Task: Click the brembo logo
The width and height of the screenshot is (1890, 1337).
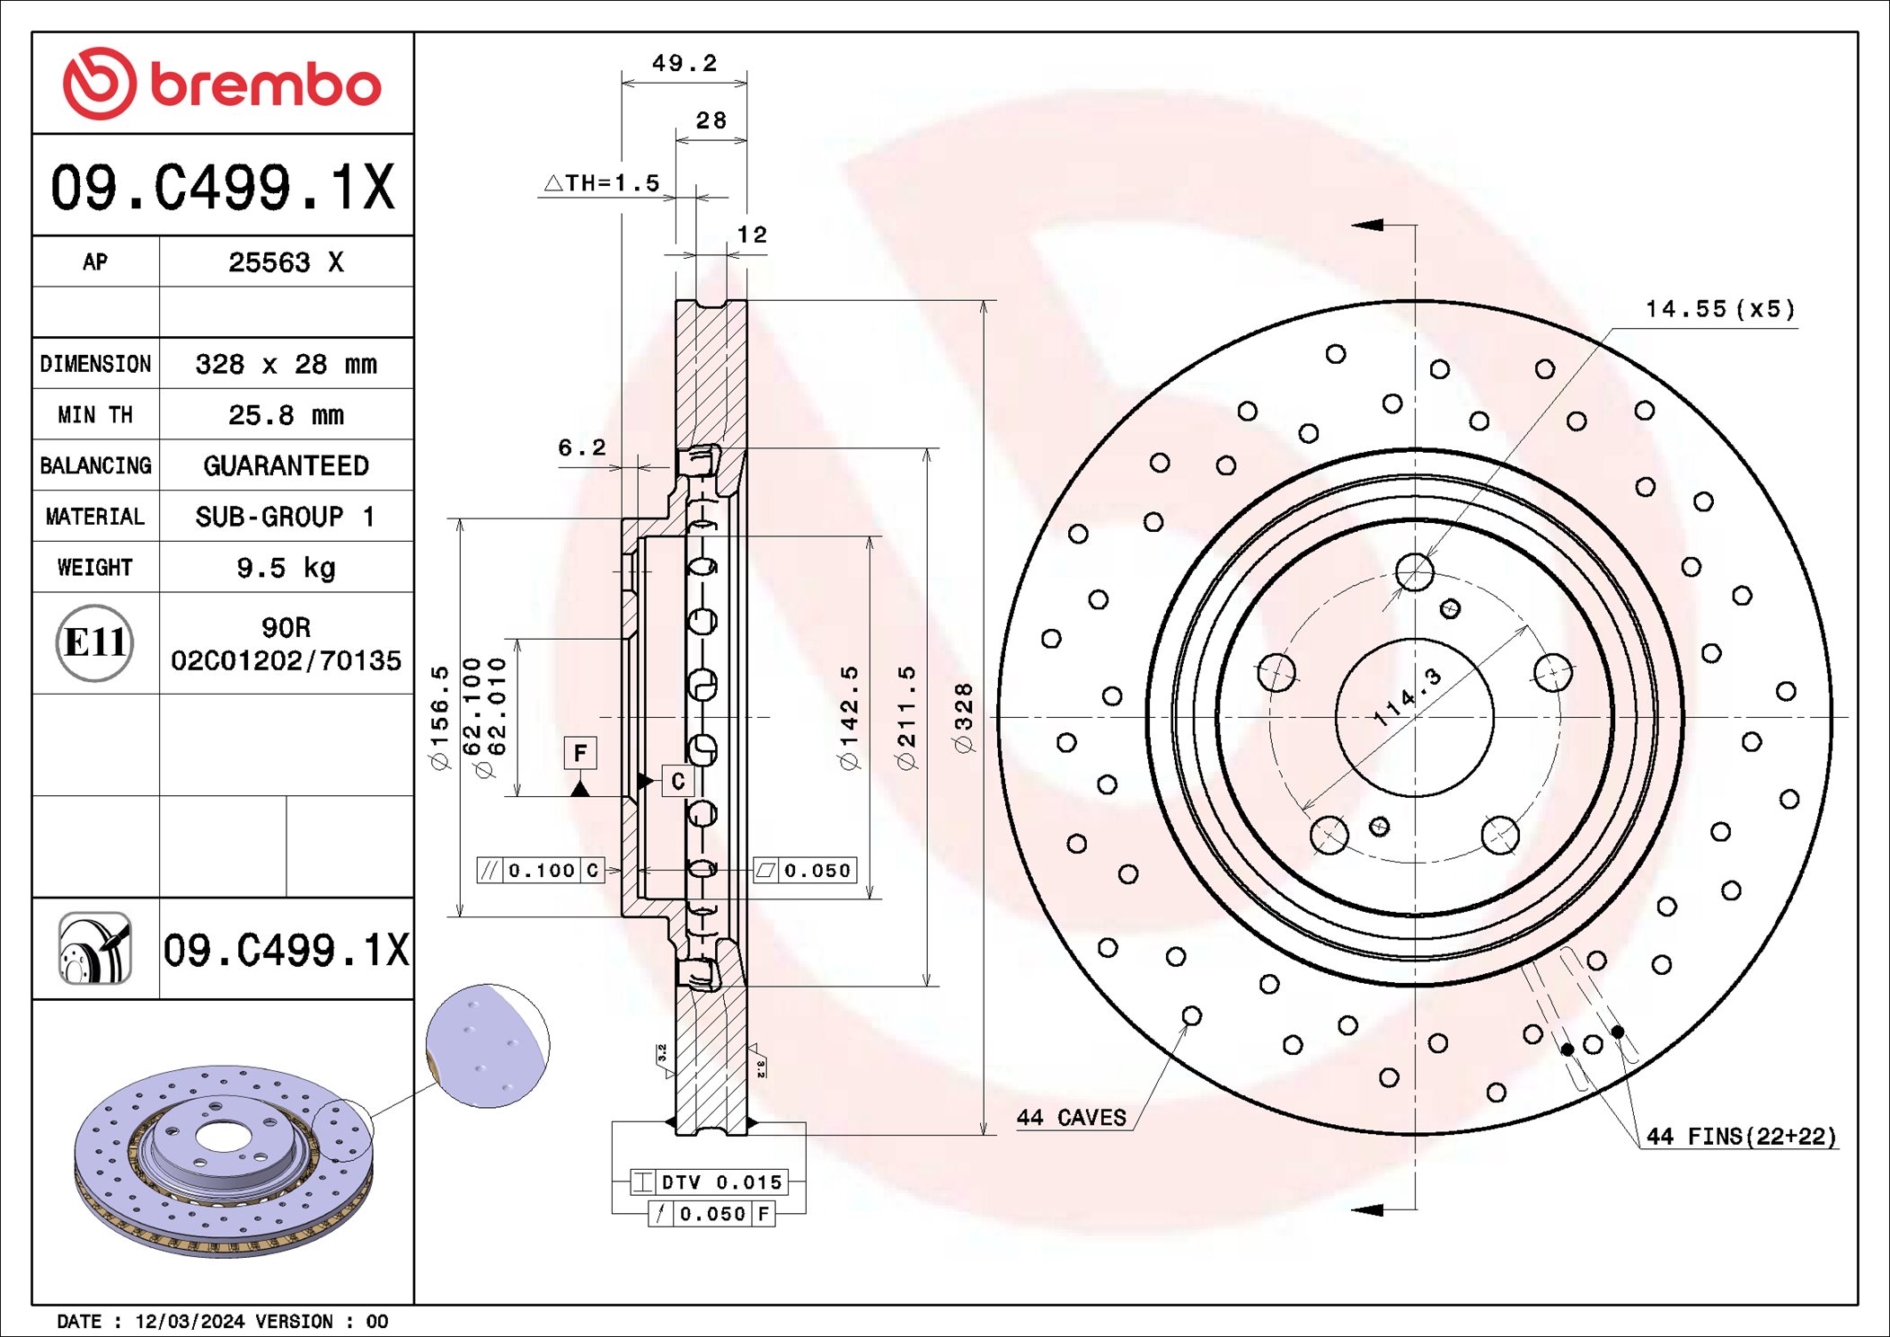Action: click(x=222, y=84)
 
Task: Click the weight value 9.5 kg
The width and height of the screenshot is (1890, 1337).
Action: click(x=286, y=568)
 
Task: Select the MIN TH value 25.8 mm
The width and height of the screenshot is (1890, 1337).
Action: click(x=286, y=415)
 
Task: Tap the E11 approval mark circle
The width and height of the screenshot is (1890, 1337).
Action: click(x=95, y=642)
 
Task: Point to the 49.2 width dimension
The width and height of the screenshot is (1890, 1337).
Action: click(x=684, y=64)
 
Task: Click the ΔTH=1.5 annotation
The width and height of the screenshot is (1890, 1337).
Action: click(x=603, y=183)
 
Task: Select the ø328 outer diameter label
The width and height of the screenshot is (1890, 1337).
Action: click(x=963, y=717)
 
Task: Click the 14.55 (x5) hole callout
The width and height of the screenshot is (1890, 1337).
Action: click(x=1719, y=310)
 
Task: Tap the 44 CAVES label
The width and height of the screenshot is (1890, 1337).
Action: click(x=1071, y=1118)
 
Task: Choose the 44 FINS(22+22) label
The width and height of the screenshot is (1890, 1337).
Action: click(x=1740, y=1137)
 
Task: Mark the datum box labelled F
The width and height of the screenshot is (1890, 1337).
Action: click(x=580, y=753)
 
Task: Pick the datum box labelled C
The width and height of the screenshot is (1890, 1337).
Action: click(x=678, y=781)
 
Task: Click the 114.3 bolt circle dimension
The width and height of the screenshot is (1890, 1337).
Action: click(x=1408, y=696)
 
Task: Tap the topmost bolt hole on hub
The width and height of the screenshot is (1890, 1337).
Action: click(x=1415, y=572)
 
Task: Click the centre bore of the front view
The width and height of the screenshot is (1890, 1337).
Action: click(x=1415, y=717)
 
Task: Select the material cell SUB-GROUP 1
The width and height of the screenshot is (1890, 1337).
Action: click(x=286, y=517)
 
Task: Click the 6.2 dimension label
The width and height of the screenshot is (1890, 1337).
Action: click(x=582, y=447)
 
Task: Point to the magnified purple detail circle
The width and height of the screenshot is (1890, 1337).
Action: click(x=488, y=1046)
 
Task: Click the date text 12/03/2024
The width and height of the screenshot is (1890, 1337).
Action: click(x=190, y=1322)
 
